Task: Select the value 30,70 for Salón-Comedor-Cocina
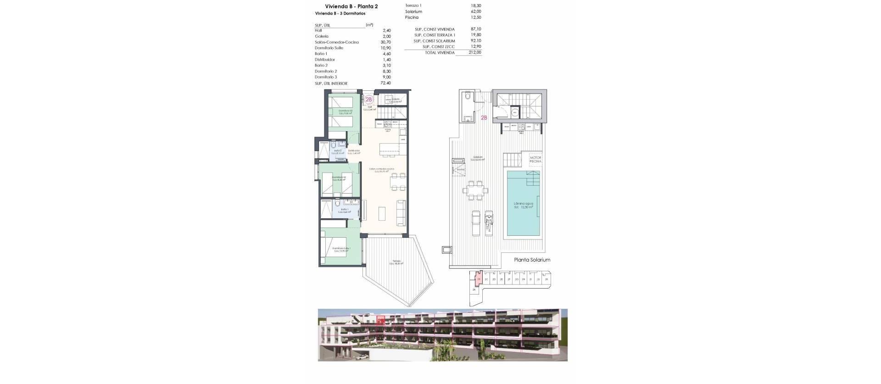pos(385,42)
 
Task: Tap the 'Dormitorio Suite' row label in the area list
pos(329,48)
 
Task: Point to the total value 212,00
pos(475,53)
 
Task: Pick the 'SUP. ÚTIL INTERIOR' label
pos(331,83)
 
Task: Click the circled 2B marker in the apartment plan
pos(369,99)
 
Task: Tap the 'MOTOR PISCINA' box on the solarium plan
pos(535,160)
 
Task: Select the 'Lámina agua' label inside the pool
pos(523,203)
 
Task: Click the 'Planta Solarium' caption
pos(532,260)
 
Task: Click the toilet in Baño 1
pos(337,203)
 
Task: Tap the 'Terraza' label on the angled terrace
pos(396,262)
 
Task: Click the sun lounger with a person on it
pos(490,222)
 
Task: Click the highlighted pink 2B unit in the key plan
pos(479,279)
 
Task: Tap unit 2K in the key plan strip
pos(546,279)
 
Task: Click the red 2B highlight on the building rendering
pos(380,320)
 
